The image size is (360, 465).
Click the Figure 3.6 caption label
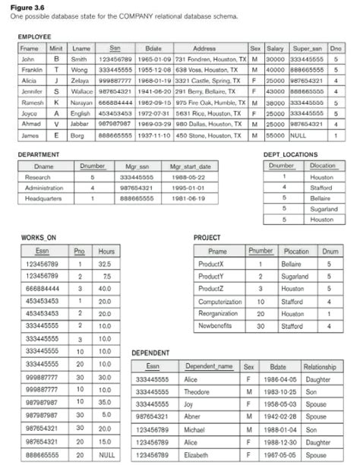28,5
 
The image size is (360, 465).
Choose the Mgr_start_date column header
188,165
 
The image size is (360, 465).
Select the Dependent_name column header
209,366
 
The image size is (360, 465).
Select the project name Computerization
219,302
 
